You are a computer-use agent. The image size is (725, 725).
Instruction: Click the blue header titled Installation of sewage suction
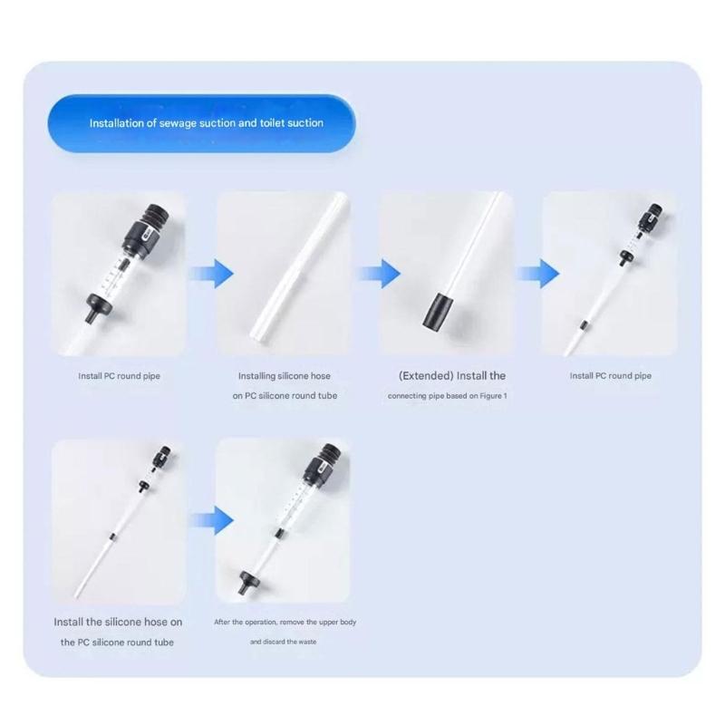pos(201,123)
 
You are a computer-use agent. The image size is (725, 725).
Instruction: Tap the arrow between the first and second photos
pos(212,274)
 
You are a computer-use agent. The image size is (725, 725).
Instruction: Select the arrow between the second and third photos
pos(379,274)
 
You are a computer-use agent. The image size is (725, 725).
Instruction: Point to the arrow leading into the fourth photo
pos(537,274)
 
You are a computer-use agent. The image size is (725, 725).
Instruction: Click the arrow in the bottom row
pos(212,520)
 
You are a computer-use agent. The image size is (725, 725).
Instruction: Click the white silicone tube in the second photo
pos(299,266)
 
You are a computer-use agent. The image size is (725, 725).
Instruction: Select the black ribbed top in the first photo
pos(156,217)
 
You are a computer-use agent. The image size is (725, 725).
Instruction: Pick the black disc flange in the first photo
pos(100,306)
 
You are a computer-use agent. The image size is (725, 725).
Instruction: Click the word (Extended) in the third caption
pos(426,376)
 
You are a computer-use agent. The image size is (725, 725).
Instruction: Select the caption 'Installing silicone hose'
pos(285,376)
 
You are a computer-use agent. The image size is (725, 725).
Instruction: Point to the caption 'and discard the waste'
pos(284,642)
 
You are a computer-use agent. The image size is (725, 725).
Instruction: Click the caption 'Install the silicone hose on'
pos(118,623)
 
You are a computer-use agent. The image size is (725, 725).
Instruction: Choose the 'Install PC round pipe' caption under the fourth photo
pos(610,376)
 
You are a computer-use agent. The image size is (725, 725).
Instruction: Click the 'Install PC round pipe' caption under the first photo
pos(120,376)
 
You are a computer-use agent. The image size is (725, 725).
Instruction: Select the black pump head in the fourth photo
pos(651,217)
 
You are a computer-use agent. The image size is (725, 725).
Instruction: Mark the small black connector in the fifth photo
pos(111,536)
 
